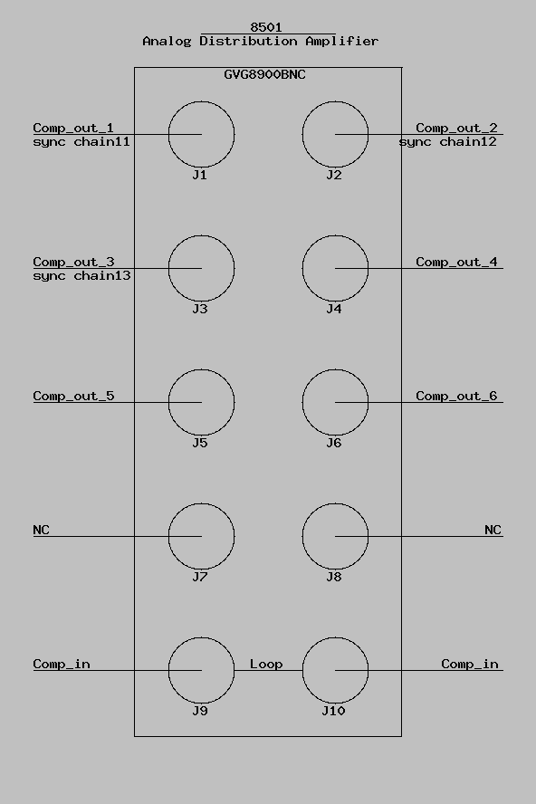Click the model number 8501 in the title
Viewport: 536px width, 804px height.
pyautogui.click(x=266, y=26)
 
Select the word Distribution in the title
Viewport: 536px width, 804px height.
pyautogui.click(x=248, y=41)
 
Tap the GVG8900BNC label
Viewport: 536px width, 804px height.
pyautogui.click(x=264, y=74)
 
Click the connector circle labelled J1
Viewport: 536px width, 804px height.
pyautogui.click(x=168, y=134)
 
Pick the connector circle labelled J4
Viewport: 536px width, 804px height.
pyautogui.click(x=302, y=268)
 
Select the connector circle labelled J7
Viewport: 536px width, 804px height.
pyautogui.click(x=168, y=536)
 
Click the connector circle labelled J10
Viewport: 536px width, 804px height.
pyautogui.click(x=302, y=670)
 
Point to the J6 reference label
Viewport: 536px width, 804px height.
pyautogui.click(x=334, y=443)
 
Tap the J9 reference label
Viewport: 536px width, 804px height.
pyautogui.click(x=200, y=711)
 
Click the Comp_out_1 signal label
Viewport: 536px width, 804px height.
pyautogui.click(x=73, y=128)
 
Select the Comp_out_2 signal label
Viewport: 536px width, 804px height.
pyautogui.click(x=456, y=128)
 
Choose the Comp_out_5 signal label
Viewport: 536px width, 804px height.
pyautogui.click(x=73, y=396)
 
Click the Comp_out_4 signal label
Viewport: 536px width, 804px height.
pyautogui.click(x=456, y=262)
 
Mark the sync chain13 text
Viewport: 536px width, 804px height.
pyautogui.click(x=81, y=276)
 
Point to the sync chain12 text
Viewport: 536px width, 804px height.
pyautogui.click(x=448, y=141)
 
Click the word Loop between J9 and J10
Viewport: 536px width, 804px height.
pyautogui.click(x=266, y=664)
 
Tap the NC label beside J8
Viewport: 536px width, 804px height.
pyautogui.click(x=493, y=530)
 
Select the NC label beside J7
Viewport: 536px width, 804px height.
pyautogui.click(x=41, y=530)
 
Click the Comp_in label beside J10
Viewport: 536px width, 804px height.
pyautogui.click(x=470, y=664)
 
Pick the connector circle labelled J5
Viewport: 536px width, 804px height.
pyautogui.click(x=168, y=403)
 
